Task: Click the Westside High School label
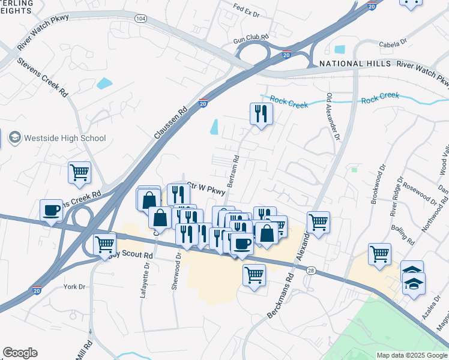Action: point(65,138)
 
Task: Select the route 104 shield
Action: point(140,19)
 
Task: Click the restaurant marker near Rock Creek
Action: point(261,113)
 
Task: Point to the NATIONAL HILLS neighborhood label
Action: point(355,64)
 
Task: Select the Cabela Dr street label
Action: point(393,43)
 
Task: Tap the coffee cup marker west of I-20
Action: point(52,210)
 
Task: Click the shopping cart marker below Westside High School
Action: point(79,172)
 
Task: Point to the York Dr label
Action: point(75,287)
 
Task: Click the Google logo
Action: point(20,353)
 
